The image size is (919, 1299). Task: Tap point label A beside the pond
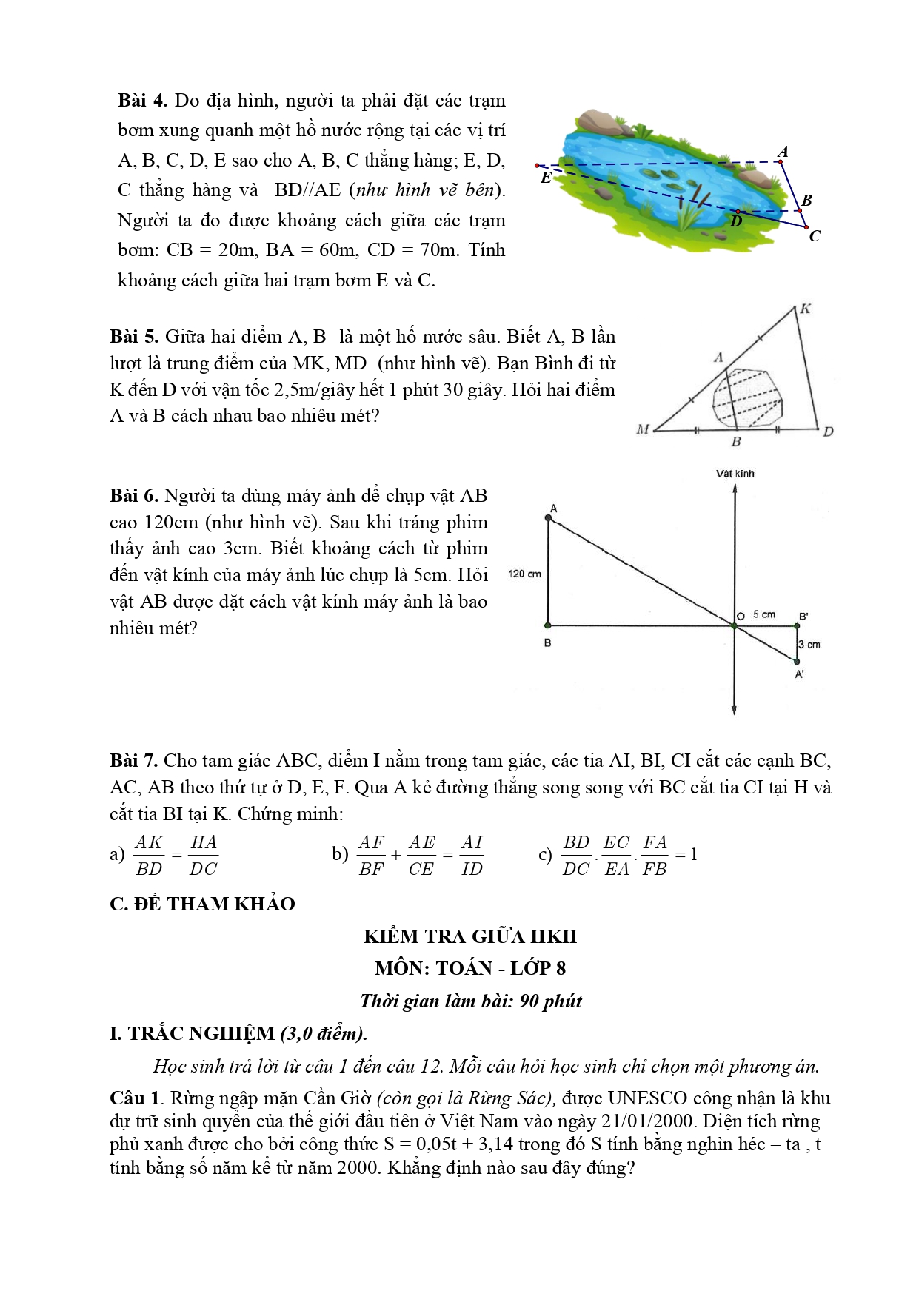point(783,152)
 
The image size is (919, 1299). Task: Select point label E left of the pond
point(546,178)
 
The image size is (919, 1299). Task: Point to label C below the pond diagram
point(815,237)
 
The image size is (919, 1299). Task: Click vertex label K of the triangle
point(805,309)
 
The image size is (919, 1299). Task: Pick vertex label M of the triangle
point(643,429)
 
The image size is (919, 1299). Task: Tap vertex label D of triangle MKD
point(828,432)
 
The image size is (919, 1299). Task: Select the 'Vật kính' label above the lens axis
point(735,474)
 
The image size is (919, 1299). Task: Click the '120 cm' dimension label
point(525,574)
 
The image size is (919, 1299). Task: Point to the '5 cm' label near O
point(763,614)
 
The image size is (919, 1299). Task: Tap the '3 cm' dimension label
point(809,645)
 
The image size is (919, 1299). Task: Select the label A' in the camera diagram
point(800,674)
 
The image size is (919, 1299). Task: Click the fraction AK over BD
point(149,855)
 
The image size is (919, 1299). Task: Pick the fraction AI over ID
point(472,855)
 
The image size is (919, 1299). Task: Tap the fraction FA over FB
point(655,855)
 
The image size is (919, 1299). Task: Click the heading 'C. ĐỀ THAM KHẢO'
point(202,904)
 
